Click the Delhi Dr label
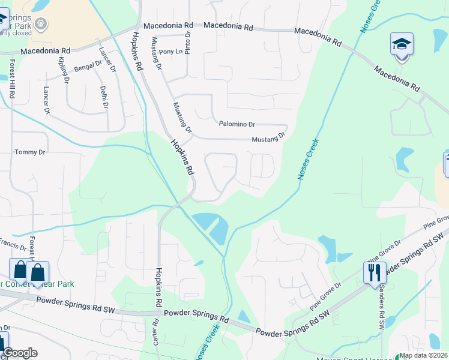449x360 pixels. coord(104,97)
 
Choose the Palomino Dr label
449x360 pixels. coord(237,124)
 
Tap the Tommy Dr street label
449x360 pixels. coord(30,152)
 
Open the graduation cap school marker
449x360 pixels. coord(402,45)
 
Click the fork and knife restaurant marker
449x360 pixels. coord(375,272)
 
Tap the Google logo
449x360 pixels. coord(20,353)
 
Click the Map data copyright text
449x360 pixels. coord(424,356)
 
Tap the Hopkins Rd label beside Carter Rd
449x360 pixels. coord(159,288)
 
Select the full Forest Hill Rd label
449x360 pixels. coord(12,78)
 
